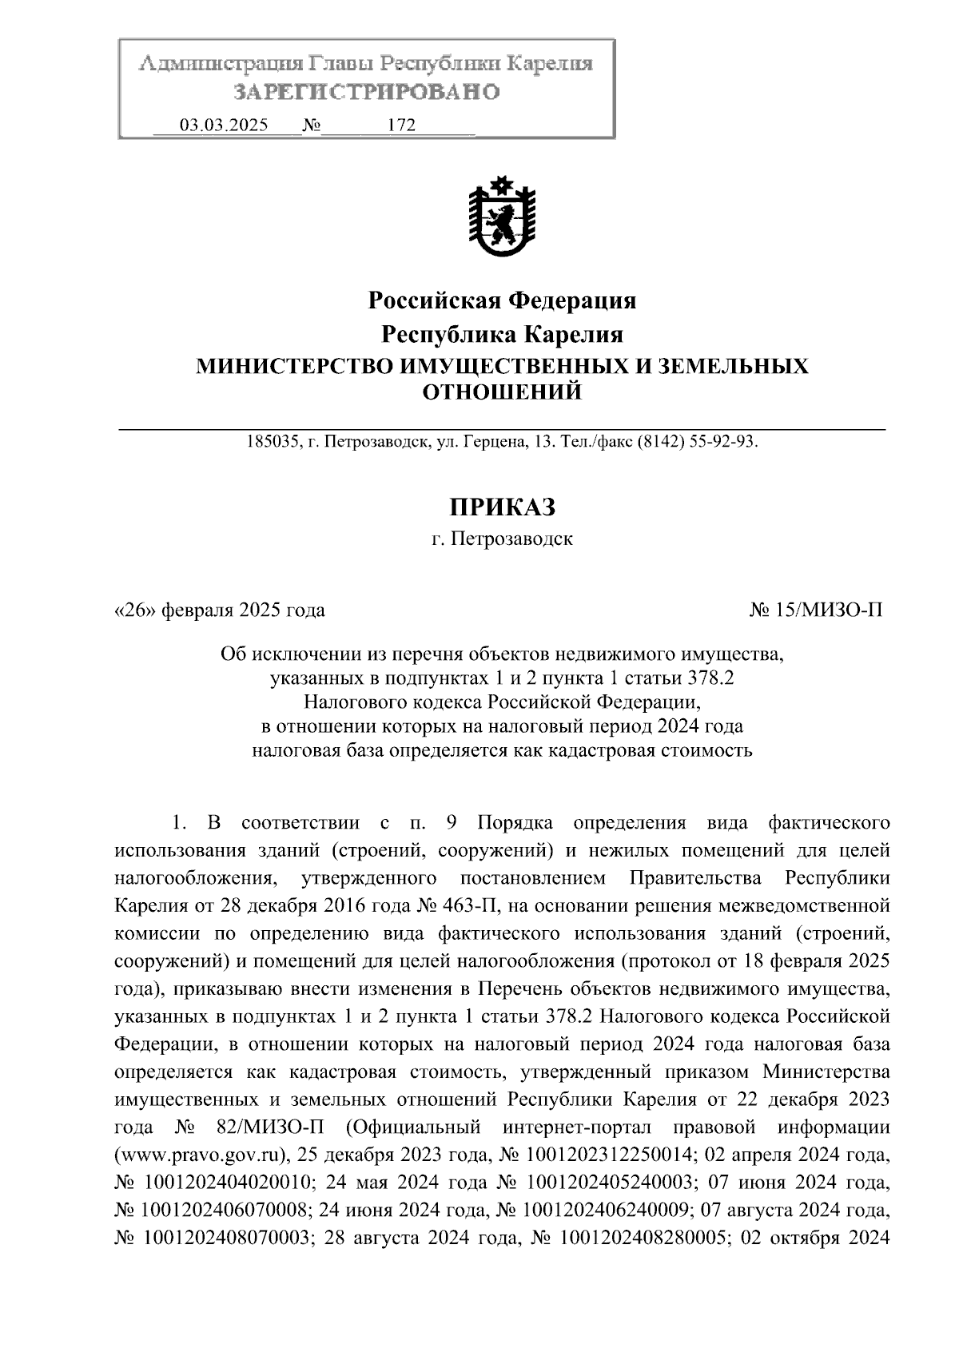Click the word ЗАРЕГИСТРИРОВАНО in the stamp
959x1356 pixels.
pos(366,92)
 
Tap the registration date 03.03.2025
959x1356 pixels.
pos(224,125)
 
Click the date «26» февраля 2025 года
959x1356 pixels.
pos(220,610)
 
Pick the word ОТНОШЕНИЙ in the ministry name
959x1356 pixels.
pos(501,392)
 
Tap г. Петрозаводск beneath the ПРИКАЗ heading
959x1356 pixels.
pos(501,539)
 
